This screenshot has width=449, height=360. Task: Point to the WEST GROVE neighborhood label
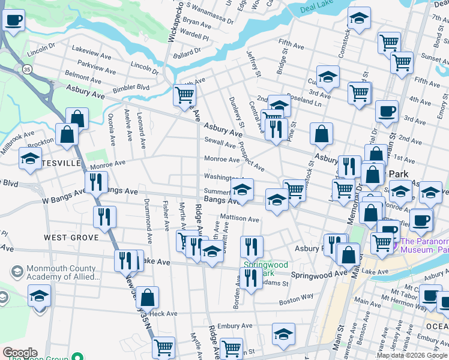(x=71, y=238)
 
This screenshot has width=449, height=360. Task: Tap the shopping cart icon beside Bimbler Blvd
(x=184, y=95)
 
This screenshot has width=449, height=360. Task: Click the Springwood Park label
(x=265, y=268)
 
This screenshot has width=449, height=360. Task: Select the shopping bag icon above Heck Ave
(x=147, y=297)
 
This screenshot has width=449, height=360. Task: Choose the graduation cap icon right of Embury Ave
(x=283, y=334)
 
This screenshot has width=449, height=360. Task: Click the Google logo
(x=19, y=353)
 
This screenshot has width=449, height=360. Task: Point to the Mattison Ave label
(x=240, y=219)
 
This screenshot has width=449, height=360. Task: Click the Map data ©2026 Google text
(x=412, y=356)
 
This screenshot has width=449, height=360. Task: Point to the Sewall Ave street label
(x=220, y=144)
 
